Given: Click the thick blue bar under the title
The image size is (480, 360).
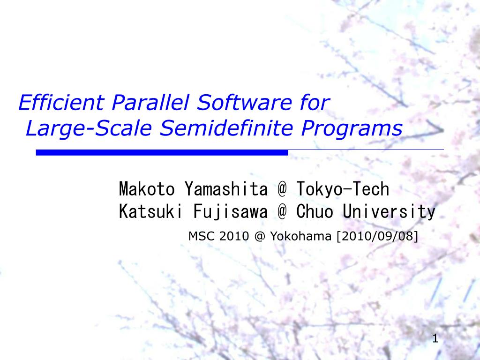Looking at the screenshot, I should [x=162, y=153].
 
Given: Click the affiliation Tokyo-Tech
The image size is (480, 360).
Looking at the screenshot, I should [x=343, y=189].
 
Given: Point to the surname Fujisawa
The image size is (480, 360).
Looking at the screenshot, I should [x=230, y=212].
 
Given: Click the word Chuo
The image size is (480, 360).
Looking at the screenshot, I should [x=315, y=212].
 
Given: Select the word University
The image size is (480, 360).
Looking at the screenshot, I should [x=389, y=212].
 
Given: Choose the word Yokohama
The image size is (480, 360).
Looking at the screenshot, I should [x=300, y=236].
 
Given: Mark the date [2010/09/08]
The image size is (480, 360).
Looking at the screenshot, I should [x=376, y=236].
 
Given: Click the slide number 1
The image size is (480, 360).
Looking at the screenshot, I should [x=435, y=338].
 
